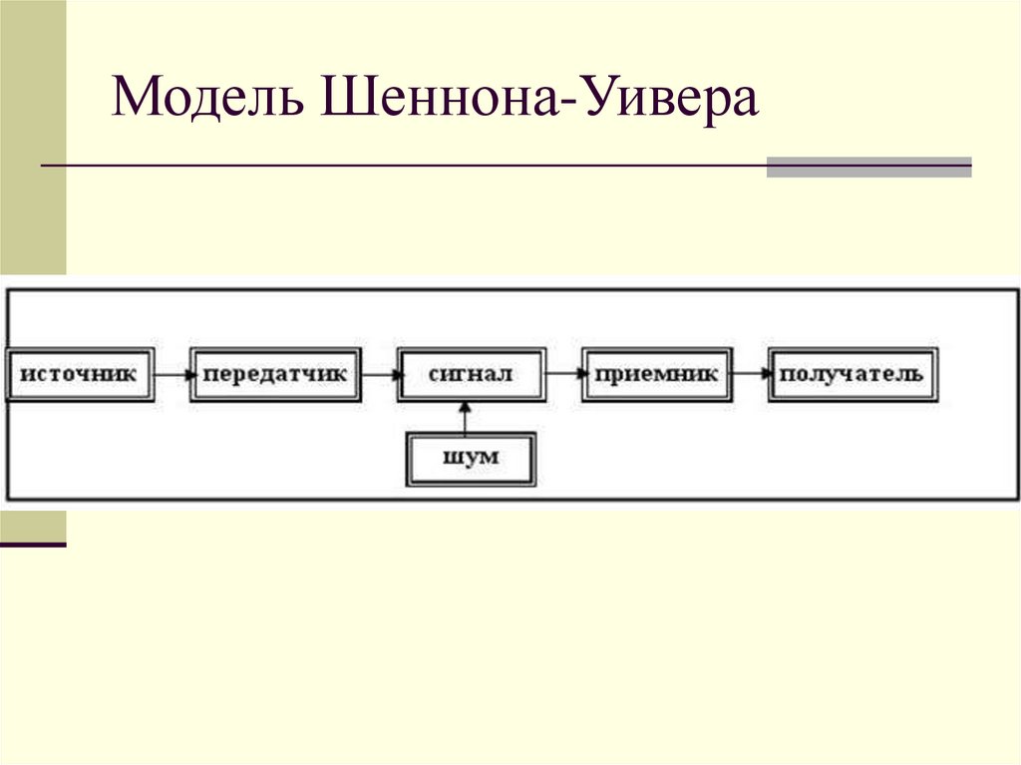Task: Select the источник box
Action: point(79,375)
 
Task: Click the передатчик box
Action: point(275,375)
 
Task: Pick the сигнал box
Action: point(471,375)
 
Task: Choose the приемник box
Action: point(657,375)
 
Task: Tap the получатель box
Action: point(851,375)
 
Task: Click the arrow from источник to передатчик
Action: point(172,375)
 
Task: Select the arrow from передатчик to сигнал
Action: point(378,375)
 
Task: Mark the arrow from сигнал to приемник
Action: point(564,375)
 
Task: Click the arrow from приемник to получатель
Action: point(751,375)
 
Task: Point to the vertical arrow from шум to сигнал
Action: point(466,417)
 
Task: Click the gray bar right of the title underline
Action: point(868,167)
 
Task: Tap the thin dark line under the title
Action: point(399,165)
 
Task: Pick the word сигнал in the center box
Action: point(471,375)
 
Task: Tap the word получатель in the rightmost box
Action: point(851,375)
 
